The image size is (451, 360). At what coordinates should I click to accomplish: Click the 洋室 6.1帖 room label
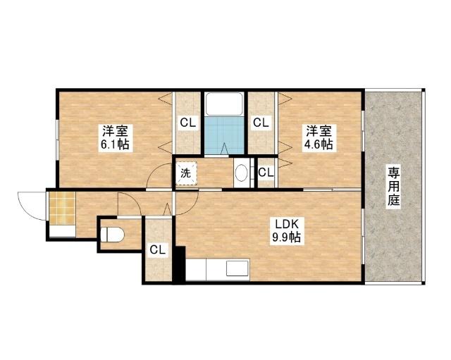[x=115, y=137]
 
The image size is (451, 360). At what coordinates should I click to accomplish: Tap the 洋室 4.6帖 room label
[x=319, y=137]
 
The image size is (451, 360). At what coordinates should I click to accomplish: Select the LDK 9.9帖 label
[x=286, y=231]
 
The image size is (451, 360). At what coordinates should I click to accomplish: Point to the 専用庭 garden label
[x=394, y=187]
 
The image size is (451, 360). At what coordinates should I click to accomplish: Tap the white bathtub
[x=224, y=104]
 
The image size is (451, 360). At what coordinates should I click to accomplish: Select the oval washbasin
[x=242, y=173]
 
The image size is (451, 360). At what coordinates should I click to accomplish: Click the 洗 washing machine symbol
[x=186, y=173]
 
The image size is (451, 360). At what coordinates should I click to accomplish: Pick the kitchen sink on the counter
[x=237, y=268]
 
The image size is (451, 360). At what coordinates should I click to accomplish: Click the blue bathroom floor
[x=224, y=136]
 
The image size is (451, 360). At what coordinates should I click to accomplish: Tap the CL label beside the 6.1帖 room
[x=188, y=123]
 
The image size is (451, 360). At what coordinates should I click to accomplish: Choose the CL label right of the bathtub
[x=261, y=123]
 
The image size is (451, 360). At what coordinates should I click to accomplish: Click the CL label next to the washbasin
[x=266, y=173]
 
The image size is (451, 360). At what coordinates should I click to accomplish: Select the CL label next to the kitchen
[x=158, y=249]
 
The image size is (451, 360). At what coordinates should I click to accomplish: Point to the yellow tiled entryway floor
[x=62, y=209]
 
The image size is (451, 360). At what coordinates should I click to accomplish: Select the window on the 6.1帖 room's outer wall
[x=58, y=139]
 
